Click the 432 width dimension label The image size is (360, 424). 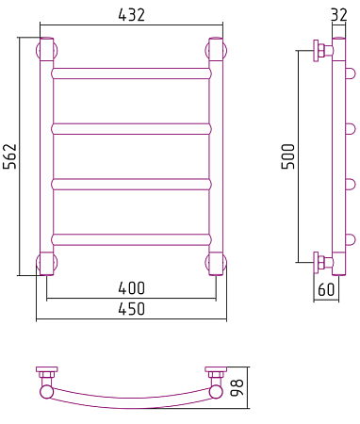132,15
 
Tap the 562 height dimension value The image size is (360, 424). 9,156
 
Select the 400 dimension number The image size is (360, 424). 132,288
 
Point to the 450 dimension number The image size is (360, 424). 132,309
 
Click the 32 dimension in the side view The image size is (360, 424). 339,15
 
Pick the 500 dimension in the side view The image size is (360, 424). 288,156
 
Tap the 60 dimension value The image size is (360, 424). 326,289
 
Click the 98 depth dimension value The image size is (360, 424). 237,387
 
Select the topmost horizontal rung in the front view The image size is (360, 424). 131,73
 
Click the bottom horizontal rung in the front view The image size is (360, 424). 131,239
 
